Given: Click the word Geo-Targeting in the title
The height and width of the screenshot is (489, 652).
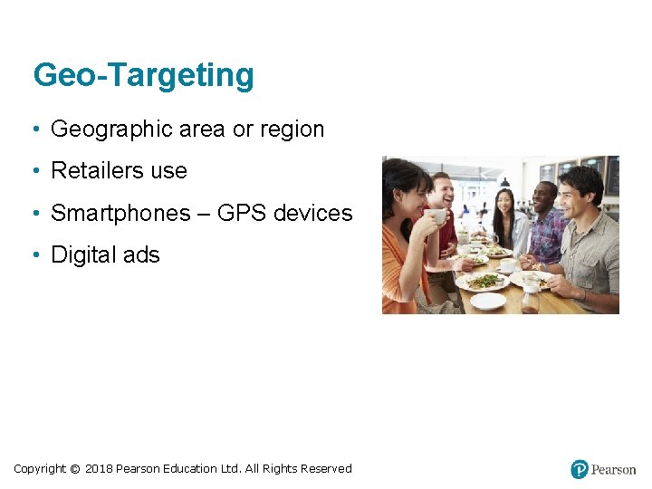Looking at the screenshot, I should [143, 75].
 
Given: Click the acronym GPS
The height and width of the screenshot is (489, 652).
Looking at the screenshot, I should [242, 214].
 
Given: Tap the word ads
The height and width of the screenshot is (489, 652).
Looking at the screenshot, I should [141, 255].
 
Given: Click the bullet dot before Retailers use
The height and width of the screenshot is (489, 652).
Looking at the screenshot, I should [34, 171].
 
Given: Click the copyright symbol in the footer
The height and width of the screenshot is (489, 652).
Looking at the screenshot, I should [74, 469].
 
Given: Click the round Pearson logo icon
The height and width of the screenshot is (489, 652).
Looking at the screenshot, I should [580, 469].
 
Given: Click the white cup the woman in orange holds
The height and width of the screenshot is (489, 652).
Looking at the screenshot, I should [438, 216].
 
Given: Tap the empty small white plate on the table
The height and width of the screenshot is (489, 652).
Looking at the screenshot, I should [487, 301].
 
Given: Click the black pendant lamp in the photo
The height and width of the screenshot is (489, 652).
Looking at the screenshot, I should [504, 182].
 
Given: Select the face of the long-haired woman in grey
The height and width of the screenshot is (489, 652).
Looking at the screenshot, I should [504, 204].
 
